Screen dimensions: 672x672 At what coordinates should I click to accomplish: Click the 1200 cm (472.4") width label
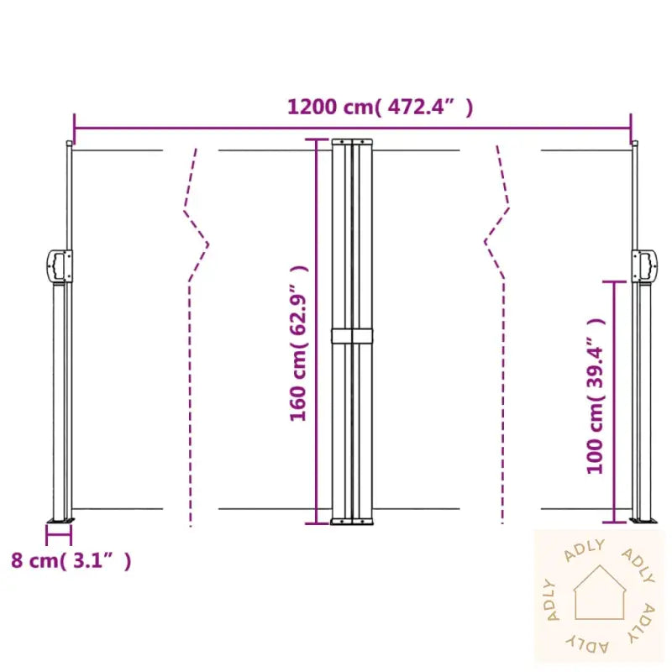coord(381,107)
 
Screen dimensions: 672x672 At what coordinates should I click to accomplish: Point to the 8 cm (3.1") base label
coord(71,561)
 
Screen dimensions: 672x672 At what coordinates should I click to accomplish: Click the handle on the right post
coord(645,265)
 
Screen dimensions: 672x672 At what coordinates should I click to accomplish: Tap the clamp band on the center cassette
coord(353,335)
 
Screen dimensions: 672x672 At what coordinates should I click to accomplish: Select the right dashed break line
coord(499,336)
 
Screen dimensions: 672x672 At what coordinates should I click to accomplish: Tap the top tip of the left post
coord(69,144)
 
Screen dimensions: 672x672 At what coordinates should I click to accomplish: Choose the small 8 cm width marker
coord(59,529)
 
